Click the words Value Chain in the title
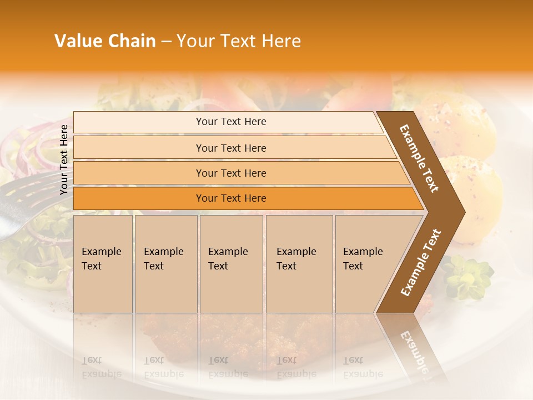[105, 41]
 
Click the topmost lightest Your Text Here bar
[230, 122]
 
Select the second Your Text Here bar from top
[230, 148]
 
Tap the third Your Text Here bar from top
[230, 173]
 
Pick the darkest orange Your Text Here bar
[230, 198]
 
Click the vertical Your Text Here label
[64, 159]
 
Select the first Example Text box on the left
[103, 264]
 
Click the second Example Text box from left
[165, 264]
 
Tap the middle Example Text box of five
[231, 264]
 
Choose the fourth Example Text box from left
[299, 264]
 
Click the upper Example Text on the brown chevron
[419, 158]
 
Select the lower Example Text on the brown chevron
[420, 263]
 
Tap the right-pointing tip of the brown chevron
[461, 212]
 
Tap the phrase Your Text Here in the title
[239, 41]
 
